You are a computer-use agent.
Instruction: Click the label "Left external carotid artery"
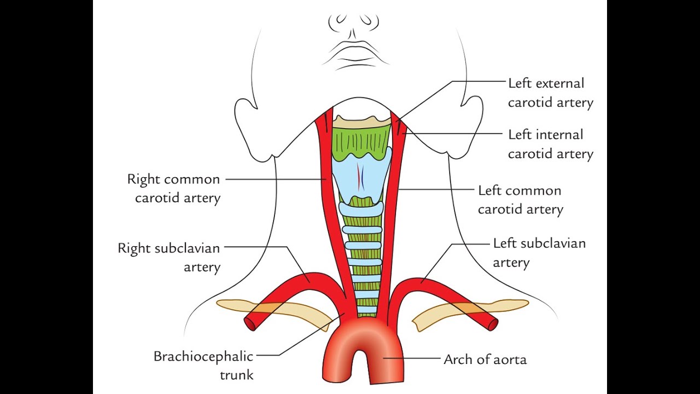(x=550, y=93)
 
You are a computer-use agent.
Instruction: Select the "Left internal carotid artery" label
(x=550, y=144)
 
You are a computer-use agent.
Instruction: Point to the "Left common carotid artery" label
(x=520, y=200)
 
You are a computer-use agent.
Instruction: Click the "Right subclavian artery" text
(x=169, y=257)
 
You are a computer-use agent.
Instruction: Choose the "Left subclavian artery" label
(x=539, y=252)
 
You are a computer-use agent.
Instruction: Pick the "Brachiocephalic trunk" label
(x=203, y=366)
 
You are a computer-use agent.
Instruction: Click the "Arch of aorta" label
(x=485, y=360)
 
